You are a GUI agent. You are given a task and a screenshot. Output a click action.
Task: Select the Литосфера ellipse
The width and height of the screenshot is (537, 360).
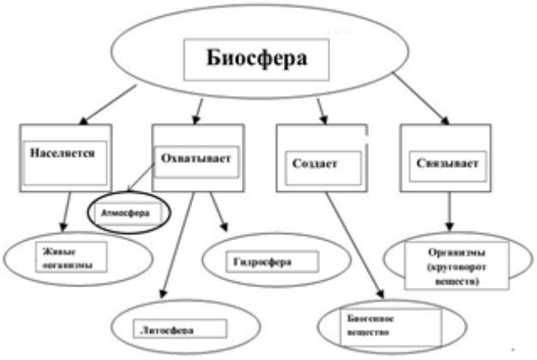click(x=176, y=328)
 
